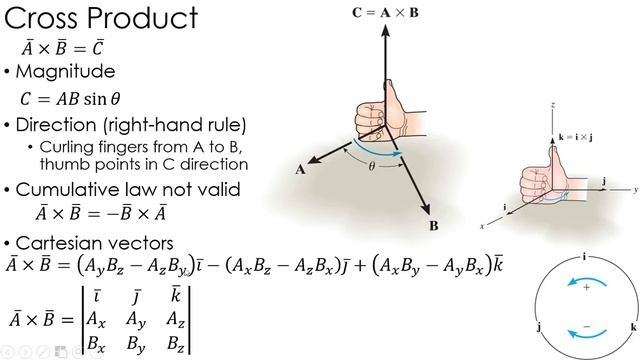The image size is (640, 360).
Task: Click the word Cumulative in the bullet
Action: click(66, 189)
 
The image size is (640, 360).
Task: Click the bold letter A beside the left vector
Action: click(300, 170)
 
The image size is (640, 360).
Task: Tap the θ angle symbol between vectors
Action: click(371, 167)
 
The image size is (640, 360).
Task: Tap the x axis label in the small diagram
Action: click(483, 227)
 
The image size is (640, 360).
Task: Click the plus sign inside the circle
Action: click(586, 286)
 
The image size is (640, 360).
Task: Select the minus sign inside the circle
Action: click(586, 325)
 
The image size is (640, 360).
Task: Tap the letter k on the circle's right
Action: click(632, 326)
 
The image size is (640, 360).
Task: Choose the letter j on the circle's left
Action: click(539, 326)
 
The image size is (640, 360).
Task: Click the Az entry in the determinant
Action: click(174, 320)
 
